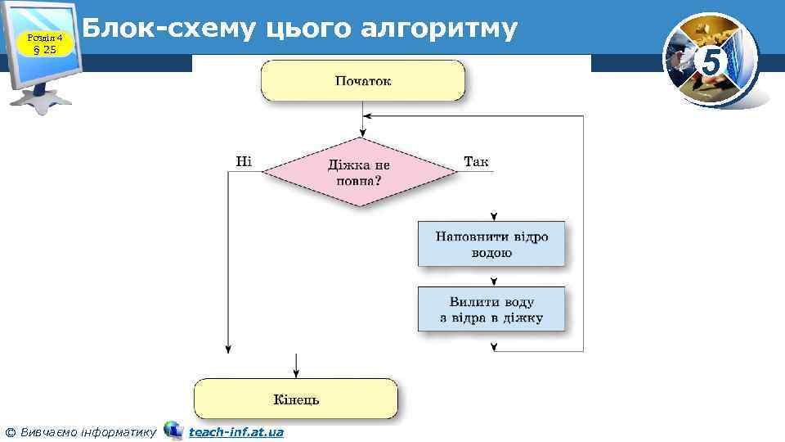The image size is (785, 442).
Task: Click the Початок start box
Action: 362,80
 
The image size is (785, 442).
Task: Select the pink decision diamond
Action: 359,172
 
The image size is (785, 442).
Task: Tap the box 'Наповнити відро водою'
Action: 491,244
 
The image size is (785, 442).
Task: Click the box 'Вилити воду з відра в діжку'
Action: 491,309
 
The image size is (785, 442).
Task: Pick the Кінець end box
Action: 295,399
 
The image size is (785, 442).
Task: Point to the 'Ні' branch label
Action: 244,161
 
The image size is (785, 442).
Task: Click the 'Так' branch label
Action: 476,161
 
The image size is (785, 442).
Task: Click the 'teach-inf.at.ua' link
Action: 236,431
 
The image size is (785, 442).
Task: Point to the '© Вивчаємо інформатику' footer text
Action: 80,431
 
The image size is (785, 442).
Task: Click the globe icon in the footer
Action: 173,431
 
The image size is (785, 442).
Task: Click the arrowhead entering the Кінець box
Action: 295,372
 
